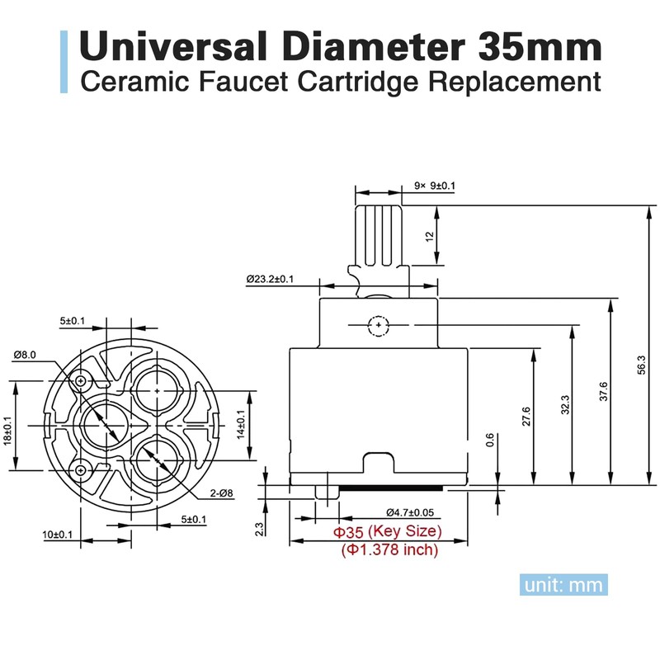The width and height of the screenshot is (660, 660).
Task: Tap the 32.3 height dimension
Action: click(x=566, y=405)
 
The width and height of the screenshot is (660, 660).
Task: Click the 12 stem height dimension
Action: click(x=429, y=236)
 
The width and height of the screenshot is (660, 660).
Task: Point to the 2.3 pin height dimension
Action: click(x=259, y=529)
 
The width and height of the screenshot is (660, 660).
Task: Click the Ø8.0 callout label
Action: click(x=24, y=355)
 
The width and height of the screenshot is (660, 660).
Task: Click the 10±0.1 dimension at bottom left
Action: click(x=57, y=535)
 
